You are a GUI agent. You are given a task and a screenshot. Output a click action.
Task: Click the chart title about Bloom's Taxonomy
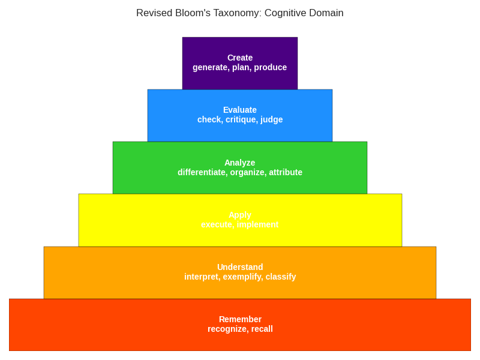pyautogui.click(x=239, y=13)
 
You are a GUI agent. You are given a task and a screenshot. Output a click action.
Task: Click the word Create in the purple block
pyautogui.click(x=240, y=58)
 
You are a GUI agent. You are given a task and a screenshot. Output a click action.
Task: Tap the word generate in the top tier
pyautogui.click(x=210, y=67)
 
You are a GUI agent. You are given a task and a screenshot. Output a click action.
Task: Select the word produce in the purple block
pyautogui.click(x=271, y=67)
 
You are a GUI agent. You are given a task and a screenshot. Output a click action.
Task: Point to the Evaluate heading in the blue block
pyautogui.click(x=240, y=110)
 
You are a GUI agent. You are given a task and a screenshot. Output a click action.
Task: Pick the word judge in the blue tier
pyautogui.click(x=272, y=119)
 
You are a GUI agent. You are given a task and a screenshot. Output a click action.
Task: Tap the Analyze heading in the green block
pyautogui.click(x=240, y=163)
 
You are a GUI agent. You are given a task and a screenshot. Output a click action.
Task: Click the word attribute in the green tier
pyautogui.click(x=286, y=172)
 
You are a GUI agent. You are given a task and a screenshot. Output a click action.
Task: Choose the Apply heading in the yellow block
pyautogui.click(x=240, y=215)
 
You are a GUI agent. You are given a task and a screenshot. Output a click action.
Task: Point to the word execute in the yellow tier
pyautogui.click(x=217, y=224)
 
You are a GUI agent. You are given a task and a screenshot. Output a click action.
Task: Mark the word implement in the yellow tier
pyautogui.click(x=258, y=224)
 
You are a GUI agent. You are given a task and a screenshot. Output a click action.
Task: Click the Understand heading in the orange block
pyautogui.click(x=240, y=267)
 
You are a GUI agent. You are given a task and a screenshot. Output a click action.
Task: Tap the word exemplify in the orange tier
pyautogui.click(x=243, y=277)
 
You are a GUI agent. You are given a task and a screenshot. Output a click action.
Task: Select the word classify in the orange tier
pyautogui.click(x=281, y=277)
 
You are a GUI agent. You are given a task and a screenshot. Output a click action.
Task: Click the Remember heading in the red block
pyautogui.click(x=240, y=319)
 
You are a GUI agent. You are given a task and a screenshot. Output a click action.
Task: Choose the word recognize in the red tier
pyautogui.click(x=227, y=329)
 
